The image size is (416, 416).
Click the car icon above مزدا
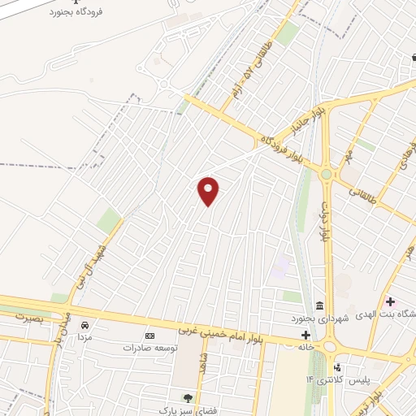[x=84, y=325]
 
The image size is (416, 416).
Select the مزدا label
[x=84, y=336]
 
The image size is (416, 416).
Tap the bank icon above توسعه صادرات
[x=149, y=336]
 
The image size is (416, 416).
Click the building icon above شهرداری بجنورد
[x=318, y=306]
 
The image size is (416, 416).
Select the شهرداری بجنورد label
[x=323, y=318]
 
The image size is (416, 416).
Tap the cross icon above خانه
[x=306, y=333]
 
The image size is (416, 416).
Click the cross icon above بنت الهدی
[x=390, y=302]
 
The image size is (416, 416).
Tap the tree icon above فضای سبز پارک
[x=188, y=397]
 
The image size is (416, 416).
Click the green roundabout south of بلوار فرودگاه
[x=327, y=174]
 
